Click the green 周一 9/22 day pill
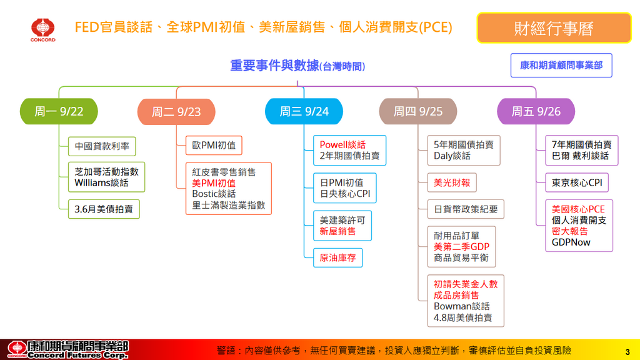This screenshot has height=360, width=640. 59,112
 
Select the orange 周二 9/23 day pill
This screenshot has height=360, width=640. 176,112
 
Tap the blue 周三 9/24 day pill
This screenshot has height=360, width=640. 304,112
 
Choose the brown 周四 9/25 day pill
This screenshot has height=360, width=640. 417,112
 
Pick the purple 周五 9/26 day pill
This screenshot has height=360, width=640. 536,112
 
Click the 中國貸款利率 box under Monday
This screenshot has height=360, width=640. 102,146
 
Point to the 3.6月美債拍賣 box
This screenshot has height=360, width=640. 104,209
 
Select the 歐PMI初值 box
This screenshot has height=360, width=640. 214,146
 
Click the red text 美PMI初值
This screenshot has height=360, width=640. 214,183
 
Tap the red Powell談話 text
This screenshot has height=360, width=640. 342,145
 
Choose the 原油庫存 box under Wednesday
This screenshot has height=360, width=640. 337,257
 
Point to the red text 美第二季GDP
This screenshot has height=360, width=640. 461,247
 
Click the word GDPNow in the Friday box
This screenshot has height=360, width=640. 571,242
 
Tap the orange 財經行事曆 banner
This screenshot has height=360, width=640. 554,28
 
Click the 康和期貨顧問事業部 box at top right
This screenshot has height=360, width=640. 561,65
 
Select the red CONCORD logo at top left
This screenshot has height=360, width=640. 43,29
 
